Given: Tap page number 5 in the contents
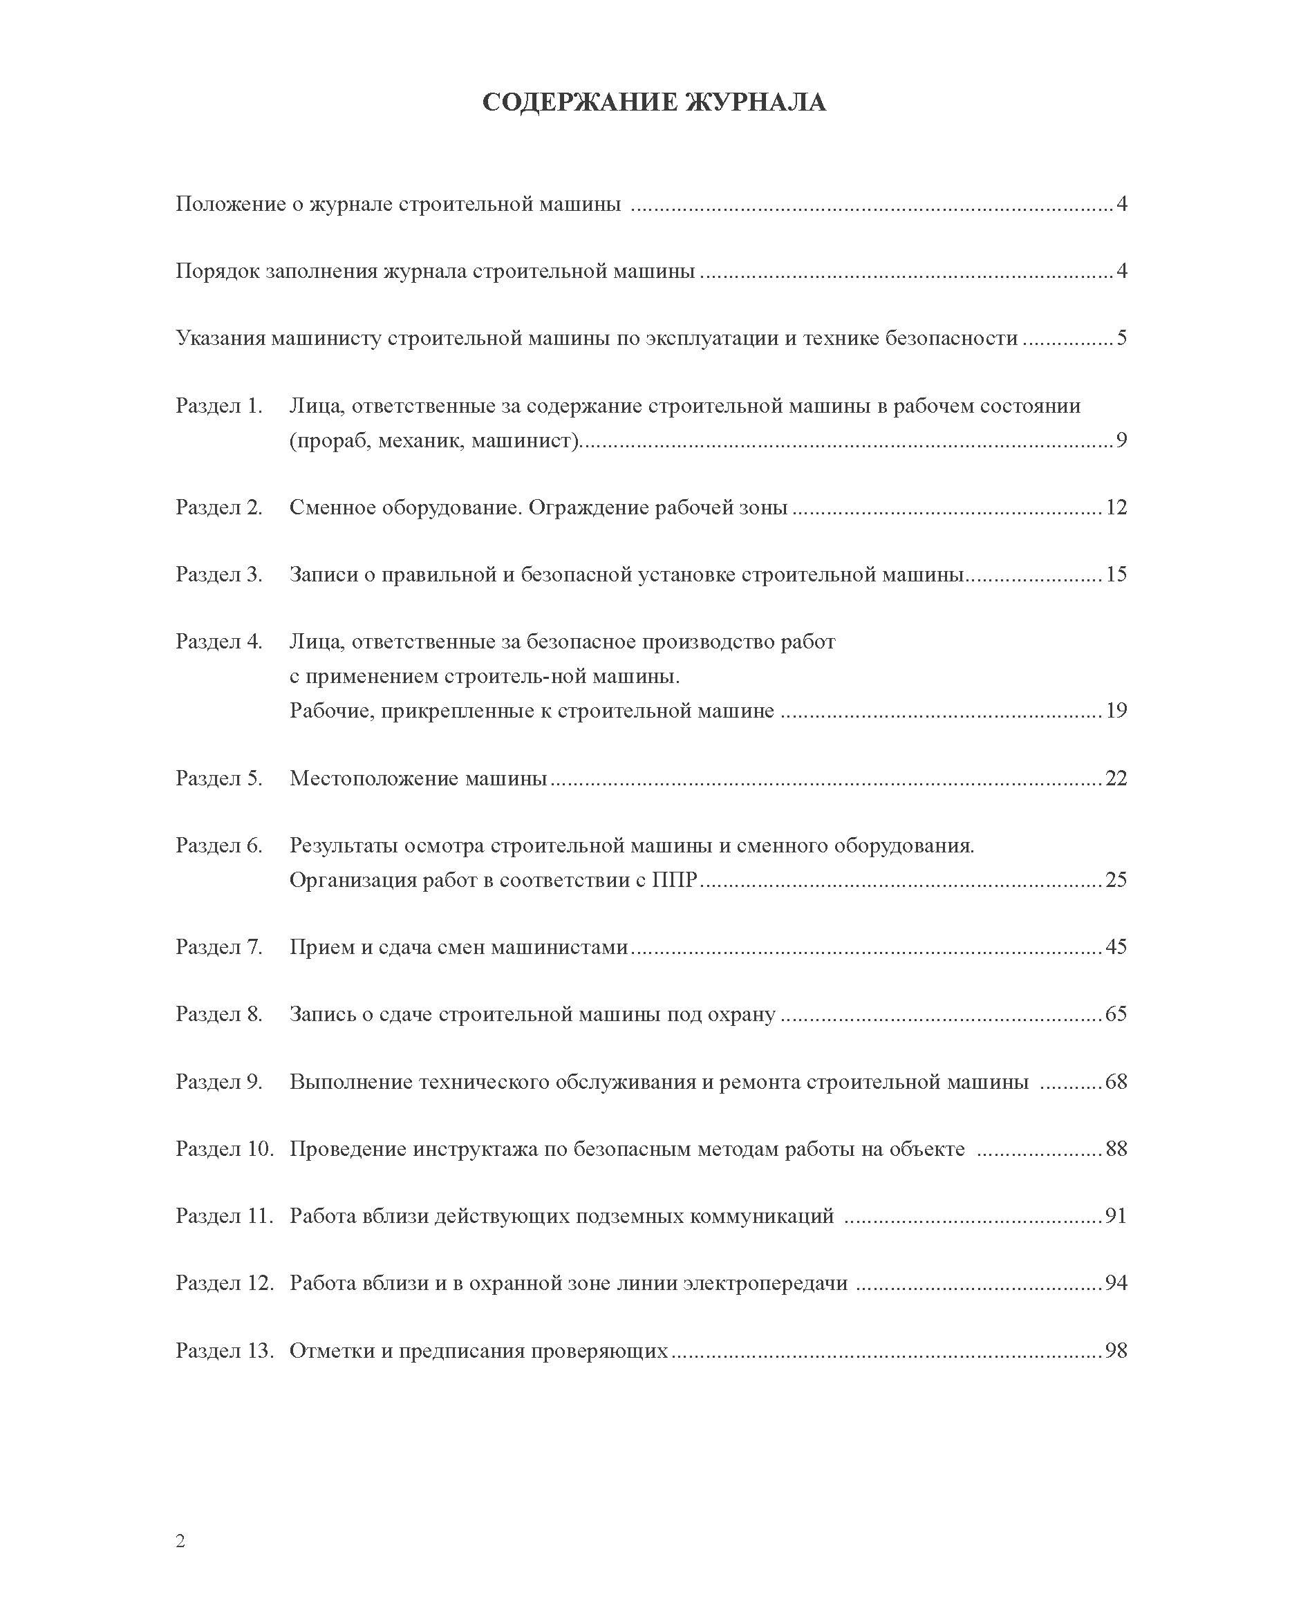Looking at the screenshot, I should pos(1121,338).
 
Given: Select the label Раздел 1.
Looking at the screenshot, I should pos(219,406).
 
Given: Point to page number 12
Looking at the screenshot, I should pos(1115,507).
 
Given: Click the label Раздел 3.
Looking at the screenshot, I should pos(219,574).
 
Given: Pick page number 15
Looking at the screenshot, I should pos(1115,574).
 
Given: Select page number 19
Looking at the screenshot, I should pos(1115,710).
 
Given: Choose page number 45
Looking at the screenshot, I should pos(1115,947).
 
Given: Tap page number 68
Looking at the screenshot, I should pos(1115,1082).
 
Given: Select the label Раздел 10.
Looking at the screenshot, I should pos(224,1149).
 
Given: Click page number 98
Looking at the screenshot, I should pos(1115,1351).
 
